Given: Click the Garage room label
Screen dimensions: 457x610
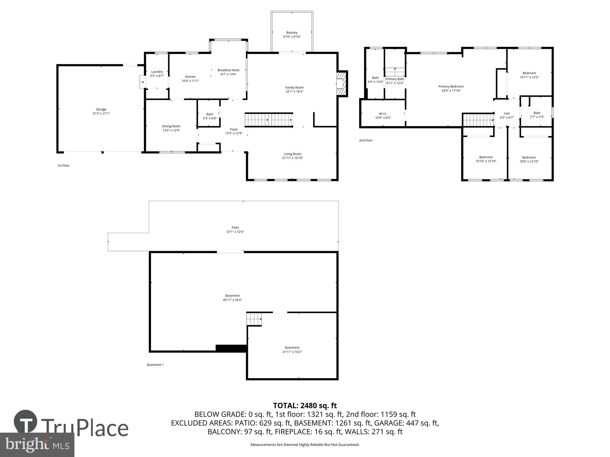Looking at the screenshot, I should [x=101, y=109].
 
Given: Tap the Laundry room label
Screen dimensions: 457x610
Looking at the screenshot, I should [x=157, y=72].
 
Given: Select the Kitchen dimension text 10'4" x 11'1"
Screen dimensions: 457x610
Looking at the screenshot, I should [x=190, y=81].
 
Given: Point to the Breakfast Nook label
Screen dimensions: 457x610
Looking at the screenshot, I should [x=228, y=70].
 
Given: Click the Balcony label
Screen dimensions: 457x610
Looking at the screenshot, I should [x=292, y=33].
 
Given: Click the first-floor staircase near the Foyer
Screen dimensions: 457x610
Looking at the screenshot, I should [x=269, y=120].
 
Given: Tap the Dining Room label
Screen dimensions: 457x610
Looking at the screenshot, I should [x=171, y=126].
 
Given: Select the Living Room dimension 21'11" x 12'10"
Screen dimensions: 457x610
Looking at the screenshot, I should [x=292, y=158].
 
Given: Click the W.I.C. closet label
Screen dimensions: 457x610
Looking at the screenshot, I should [x=383, y=114].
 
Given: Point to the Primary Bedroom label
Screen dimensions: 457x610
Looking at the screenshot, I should [x=451, y=87].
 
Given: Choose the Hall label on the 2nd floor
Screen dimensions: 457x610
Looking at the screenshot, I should [x=507, y=113].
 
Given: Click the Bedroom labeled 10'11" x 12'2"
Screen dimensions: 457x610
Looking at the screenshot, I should [x=529, y=73].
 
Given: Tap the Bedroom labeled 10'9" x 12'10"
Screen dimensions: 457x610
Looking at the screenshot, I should [x=529, y=158].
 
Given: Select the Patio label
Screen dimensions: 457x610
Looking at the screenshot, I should [x=235, y=228].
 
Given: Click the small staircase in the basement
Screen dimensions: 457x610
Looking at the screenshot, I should [x=254, y=319].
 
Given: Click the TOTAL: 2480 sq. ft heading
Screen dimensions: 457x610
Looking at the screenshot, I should [x=305, y=406].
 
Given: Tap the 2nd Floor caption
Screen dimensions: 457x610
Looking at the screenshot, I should [x=366, y=140].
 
